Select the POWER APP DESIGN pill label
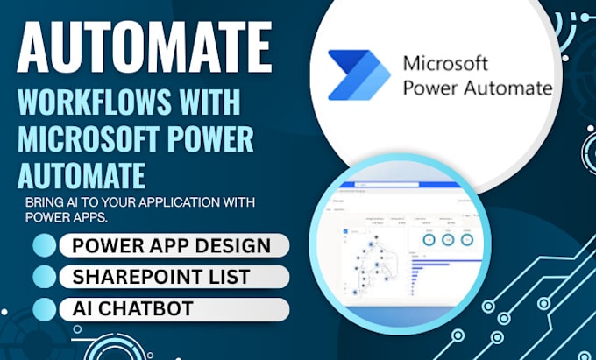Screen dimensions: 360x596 click(173, 245)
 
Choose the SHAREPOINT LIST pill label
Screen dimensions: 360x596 click(161, 277)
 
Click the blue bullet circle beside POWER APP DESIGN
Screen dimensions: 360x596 click(45, 245)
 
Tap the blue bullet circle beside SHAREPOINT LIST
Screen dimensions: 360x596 click(45, 277)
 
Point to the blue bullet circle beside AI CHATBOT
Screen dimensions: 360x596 click(45, 308)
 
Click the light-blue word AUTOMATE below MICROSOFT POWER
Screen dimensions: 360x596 click(81, 174)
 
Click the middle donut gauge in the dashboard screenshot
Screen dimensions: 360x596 click(449, 239)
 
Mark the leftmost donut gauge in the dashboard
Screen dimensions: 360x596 click(428, 239)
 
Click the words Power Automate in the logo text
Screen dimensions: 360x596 click(476, 88)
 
